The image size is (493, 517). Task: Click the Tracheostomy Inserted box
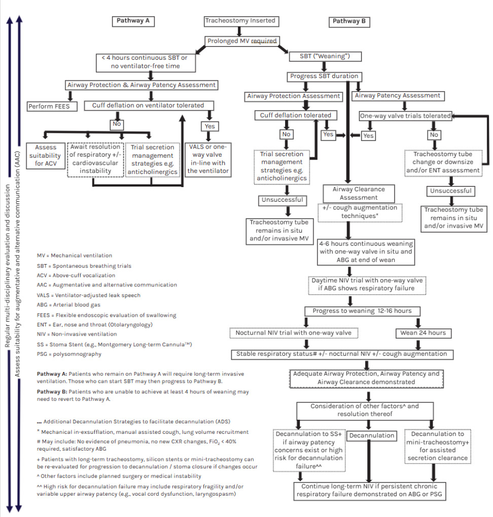pos(240,21)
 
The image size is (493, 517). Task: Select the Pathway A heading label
pos(132,21)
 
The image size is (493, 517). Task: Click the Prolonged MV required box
pos(241,41)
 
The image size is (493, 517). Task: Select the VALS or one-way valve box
pos(208,159)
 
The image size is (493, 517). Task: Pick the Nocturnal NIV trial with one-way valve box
pos(295,333)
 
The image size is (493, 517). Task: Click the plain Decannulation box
pos(372,435)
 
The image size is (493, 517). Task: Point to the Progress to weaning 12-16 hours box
pos(363,311)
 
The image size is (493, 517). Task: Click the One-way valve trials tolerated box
pos(405,116)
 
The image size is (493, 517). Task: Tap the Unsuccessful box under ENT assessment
pos(451,191)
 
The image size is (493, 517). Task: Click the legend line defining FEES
pos(107,315)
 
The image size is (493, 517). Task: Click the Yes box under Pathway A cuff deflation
pos(209,126)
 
